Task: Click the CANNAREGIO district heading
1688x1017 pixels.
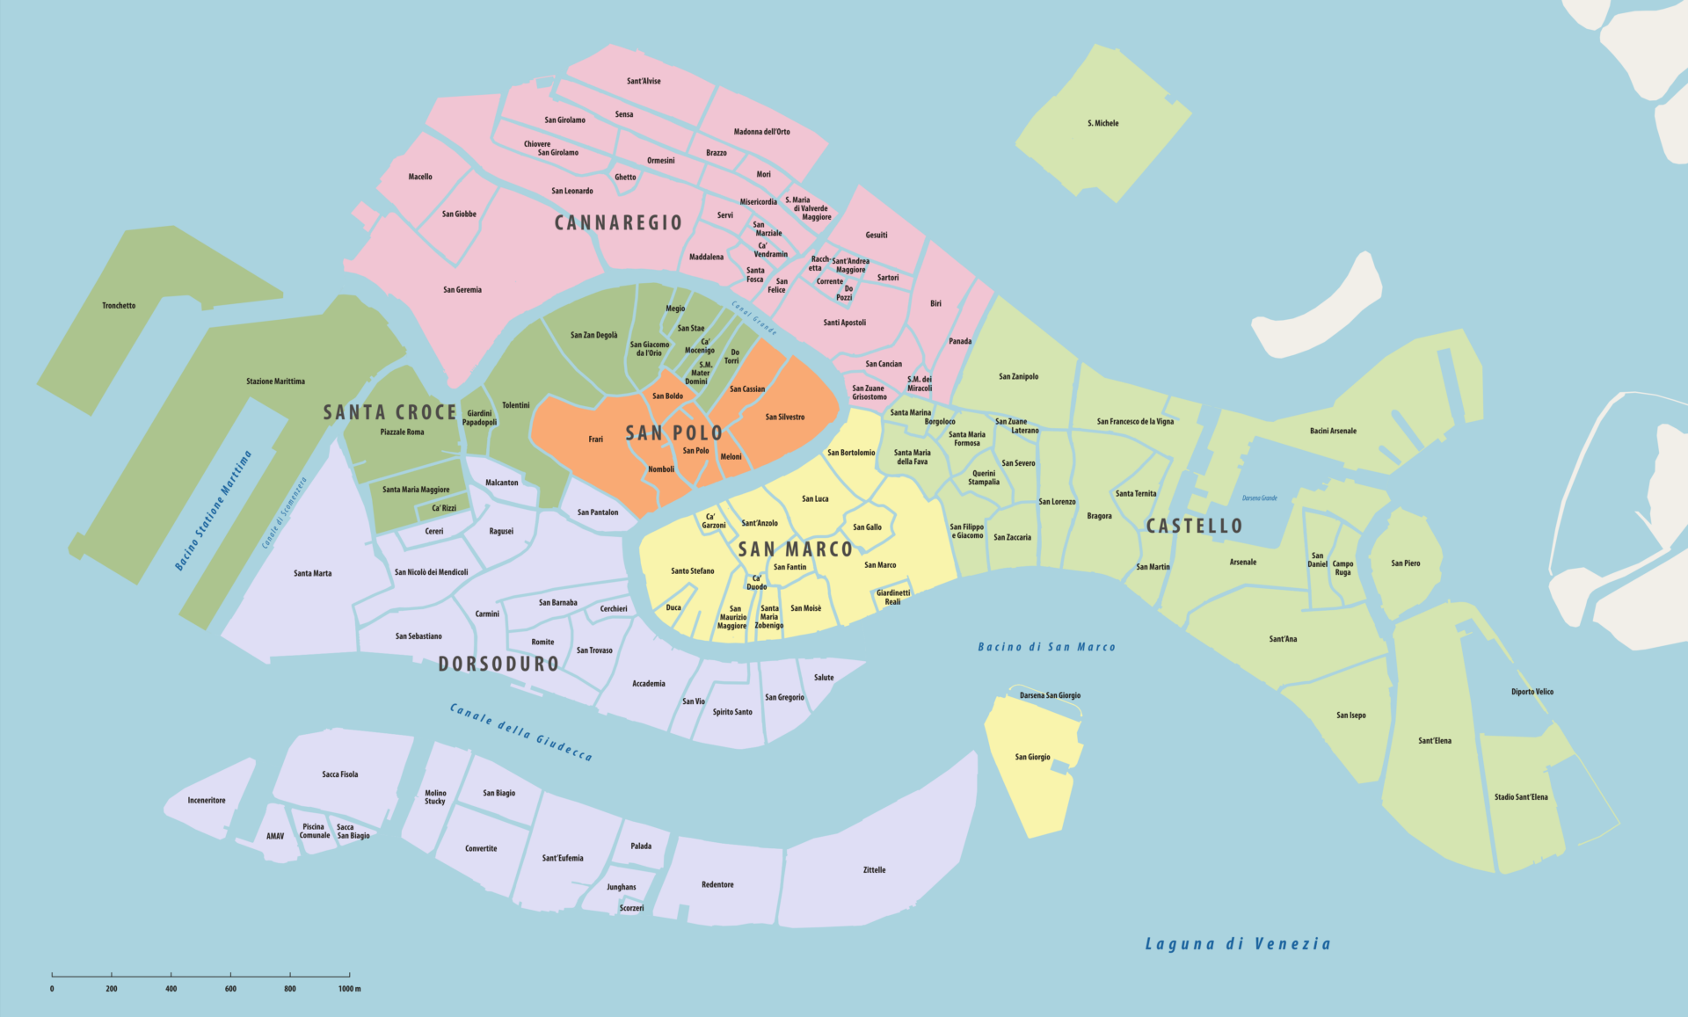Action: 618,222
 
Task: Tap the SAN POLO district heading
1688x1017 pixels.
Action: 673,432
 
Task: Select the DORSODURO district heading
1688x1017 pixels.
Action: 498,664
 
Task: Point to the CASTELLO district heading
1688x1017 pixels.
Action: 1194,526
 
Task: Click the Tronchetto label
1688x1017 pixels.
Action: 119,306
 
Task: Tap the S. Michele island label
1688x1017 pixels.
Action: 1102,123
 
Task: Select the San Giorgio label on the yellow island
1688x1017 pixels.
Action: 1032,757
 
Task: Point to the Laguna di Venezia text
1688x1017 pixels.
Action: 1237,944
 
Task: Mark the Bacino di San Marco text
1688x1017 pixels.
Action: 1046,647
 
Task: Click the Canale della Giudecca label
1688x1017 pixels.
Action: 520,731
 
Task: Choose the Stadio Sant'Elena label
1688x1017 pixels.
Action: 1521,797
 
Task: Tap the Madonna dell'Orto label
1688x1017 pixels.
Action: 761,132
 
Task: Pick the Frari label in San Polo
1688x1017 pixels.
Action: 595,439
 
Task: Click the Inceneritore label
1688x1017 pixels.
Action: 207,801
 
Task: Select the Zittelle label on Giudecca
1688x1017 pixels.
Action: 874,870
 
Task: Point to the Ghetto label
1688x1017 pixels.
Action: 625,177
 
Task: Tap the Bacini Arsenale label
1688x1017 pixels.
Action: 1333,431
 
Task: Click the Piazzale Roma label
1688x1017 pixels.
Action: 402,432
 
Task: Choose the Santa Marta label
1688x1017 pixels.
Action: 312,573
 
